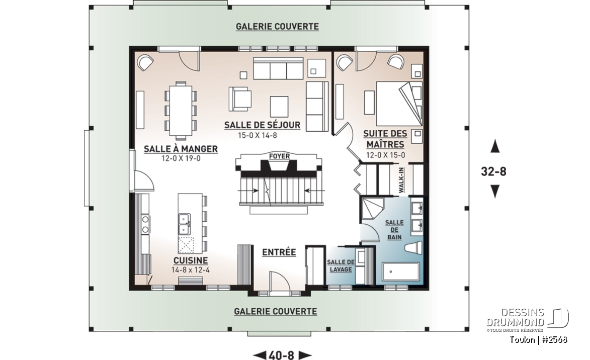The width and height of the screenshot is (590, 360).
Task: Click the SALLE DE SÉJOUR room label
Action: (x=262, y=125)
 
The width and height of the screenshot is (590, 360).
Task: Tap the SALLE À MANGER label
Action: (x=181, y=149)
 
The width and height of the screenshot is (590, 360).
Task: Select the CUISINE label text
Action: (x=191, y=260)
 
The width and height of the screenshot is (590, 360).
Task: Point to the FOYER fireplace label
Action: (x=280, y=156)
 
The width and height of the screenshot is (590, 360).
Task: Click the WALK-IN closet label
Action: (x=401, y=181)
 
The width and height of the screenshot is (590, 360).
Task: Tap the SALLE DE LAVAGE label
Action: (x=341, y=265)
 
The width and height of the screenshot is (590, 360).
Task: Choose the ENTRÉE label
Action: (x=279, y=252)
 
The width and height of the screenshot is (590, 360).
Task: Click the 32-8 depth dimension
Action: (x=493, y=171)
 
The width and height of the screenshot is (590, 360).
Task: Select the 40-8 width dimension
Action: (x=282, y=355)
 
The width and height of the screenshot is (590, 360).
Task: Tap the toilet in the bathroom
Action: (x=415, y=249)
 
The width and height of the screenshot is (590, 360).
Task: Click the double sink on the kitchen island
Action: (x=185, y=224)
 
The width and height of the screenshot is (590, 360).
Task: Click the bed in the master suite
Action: (x=399, y=104)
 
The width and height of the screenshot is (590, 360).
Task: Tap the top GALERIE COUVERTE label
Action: (x=277, y=27)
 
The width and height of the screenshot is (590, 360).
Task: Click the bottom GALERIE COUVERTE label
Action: (x=276, y=311)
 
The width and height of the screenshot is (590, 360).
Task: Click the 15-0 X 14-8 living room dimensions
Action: (x=258, y=135)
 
